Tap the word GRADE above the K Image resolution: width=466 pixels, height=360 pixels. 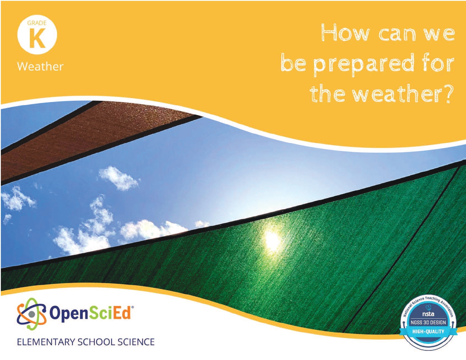coord(37,23)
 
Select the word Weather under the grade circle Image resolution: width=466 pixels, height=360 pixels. coord(40,66)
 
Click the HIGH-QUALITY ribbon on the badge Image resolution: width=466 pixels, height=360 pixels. coord(428,331)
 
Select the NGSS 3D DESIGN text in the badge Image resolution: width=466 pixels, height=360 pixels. coord(428,322)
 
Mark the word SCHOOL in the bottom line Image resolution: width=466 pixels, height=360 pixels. coord(96,342)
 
